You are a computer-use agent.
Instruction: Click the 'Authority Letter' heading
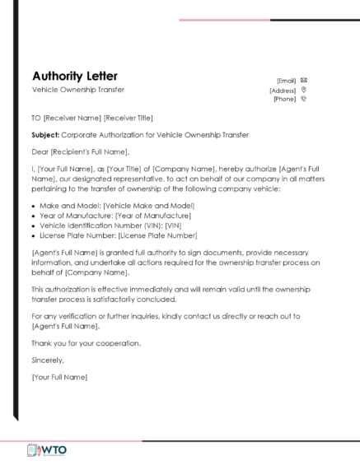[75, 76]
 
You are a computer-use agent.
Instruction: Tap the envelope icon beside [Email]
[304, 80]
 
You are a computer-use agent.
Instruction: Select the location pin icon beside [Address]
[304, 90]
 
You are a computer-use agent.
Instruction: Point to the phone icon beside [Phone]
[304, 99]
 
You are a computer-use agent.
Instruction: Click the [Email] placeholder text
[287, 81]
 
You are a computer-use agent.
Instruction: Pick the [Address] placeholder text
[283, 90]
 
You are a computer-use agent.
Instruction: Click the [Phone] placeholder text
[284, 99]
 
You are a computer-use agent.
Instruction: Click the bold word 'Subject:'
[45, 135]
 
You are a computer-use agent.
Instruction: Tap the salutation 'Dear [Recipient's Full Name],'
[81, 151]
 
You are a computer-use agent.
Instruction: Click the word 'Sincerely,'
[47, 360]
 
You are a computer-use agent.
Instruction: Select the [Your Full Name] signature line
[59, 377]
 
